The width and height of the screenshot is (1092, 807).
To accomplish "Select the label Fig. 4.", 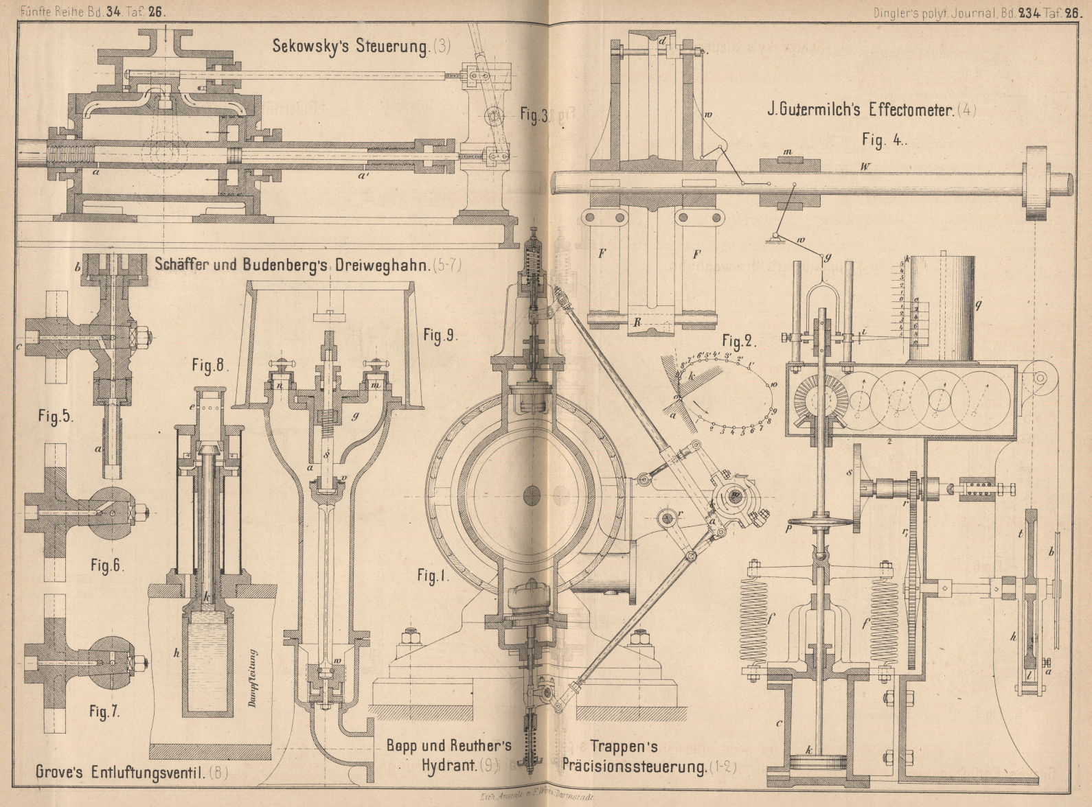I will (885, 140).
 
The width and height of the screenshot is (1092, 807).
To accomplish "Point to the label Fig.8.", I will (210, 366).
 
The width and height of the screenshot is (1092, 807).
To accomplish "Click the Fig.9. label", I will (440, 336).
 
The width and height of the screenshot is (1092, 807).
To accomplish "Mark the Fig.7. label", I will (104, 712).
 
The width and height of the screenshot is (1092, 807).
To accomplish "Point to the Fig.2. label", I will (738, 341).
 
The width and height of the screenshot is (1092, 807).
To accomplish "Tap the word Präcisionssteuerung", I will (633, 767).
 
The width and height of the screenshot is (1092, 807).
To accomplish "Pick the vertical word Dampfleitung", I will (252, 677).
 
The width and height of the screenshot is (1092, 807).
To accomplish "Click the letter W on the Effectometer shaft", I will (866, 167).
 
